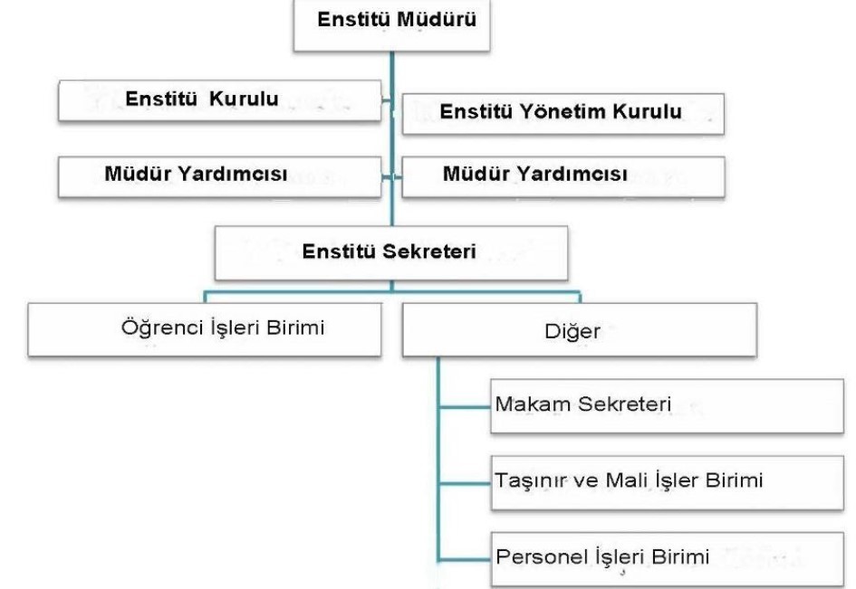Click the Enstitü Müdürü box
click(x=392, y=25)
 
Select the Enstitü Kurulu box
click(x=219, y=100)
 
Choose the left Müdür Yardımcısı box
click(x=219, y=176)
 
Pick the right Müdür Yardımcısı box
click(x=563, y=176)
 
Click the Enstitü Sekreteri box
click(x=391, y=253)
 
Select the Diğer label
click(x=572, y=331)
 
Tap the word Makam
click(x=534, y=404)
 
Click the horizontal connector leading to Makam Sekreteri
click(x=465, y=406)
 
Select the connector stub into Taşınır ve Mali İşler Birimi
click(x=465, y=483)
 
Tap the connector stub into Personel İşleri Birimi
click(x=465, y=559)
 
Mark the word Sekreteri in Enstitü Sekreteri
click(x=429, y=252)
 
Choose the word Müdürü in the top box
click(x=437, y=19)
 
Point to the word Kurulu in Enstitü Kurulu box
click(x=244, y=99)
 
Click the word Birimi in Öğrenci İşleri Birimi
click(x=295, y=328)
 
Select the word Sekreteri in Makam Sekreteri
click(x=624, y=404)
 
